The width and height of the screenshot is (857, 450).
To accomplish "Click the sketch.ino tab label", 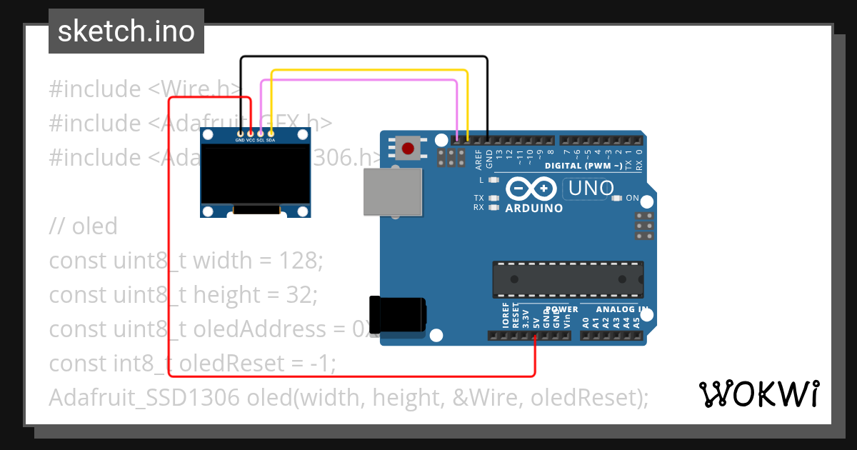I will pos(126,31).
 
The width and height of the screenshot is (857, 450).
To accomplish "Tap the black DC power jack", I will pos(397,314).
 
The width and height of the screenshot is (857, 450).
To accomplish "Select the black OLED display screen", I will pos(255,175).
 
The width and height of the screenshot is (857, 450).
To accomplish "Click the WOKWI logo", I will pos(758,394).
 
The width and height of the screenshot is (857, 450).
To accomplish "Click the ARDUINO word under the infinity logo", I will pos(533,209).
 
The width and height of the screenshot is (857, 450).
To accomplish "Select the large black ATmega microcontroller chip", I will pos(567,279).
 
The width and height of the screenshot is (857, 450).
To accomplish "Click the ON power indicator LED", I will pos(616,198).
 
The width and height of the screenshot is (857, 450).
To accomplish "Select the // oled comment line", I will pos(83,226).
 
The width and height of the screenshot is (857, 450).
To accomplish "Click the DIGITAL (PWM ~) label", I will pos(583,166).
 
